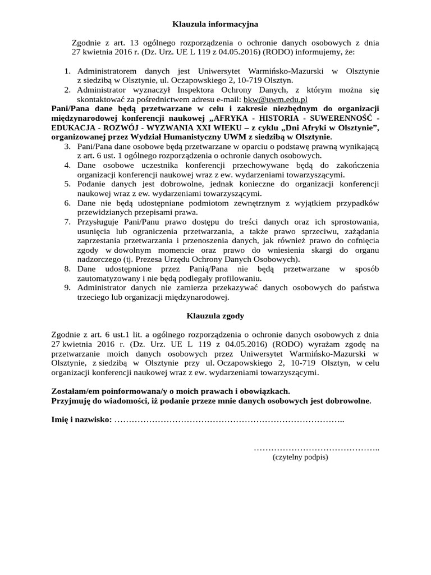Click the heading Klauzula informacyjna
(215, 24)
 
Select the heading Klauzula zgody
(215, 316)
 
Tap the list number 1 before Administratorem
(66, 71)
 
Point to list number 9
(66, 287)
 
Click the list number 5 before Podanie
(66, 184)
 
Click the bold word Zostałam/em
(74, 391)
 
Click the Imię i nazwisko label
(81, 420)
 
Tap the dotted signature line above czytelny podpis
(317, 448)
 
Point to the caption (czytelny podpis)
(300, 457)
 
